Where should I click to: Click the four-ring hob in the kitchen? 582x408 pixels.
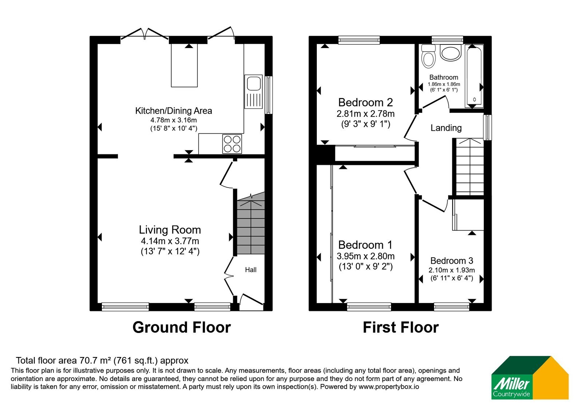click(x=232, y=144)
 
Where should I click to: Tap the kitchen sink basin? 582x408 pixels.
click(x=254, y=83)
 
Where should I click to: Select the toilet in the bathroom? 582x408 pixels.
click(x=428, y=56)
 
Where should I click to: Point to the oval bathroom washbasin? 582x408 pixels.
click(x=451, y=53)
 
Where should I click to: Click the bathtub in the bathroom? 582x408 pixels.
click(x=474, y=76)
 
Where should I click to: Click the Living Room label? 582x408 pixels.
click(x=170, y=230)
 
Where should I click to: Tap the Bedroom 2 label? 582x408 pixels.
click(x=365, y=102)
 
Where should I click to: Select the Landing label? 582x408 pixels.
click(x=446, y=128)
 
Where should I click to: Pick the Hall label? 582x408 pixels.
click(x=251, y=270)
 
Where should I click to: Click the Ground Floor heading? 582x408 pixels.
click(x=182, y=327)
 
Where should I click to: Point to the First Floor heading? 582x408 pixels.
click(x=400, y=327)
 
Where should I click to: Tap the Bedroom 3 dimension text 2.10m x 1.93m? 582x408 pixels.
click(x=451, y=270)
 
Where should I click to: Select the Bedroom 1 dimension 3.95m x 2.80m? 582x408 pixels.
click(x=366, y=256)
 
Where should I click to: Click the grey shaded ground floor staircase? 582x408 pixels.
click(x=251, y=223)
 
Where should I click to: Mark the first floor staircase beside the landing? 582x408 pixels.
click(x=470, y=167)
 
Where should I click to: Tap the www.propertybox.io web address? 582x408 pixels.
click(x=389, y=387)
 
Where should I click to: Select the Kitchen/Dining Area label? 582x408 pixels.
click(x=174, y=111)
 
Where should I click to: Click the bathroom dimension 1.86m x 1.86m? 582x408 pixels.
click(x=444, y=84)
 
